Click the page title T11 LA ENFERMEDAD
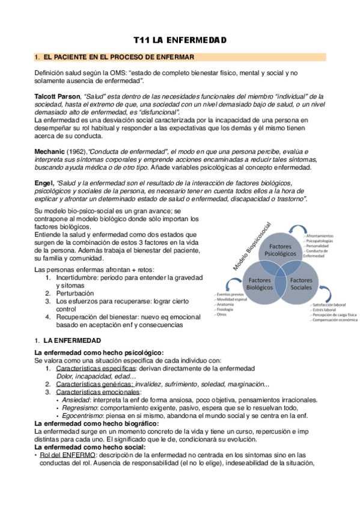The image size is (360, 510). (x=180, y=40)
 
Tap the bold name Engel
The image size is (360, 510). (x=45, y=183)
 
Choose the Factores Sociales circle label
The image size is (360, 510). (x=301, y=284)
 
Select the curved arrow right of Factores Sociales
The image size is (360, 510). (x=328, y=294)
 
